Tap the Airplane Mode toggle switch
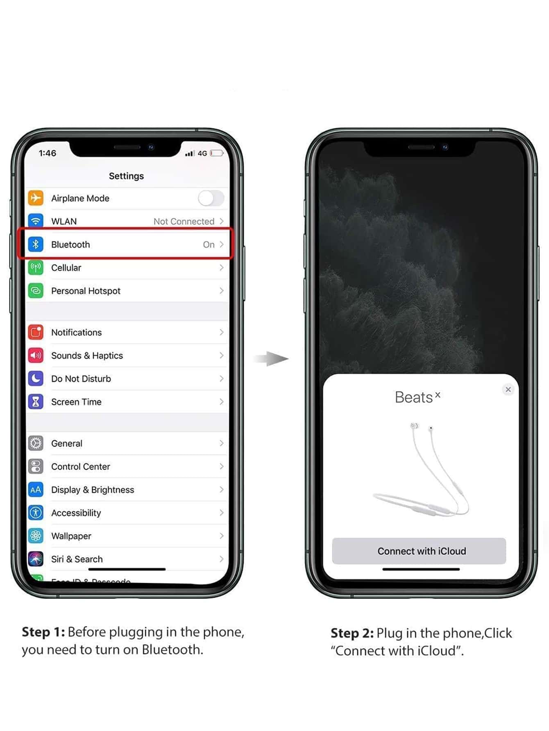211,198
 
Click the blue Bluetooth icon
36,244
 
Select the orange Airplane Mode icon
36,198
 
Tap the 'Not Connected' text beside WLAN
184,222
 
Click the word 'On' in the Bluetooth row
209,244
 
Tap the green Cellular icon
36,268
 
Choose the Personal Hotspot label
86,291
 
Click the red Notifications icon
36,332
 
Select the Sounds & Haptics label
87,355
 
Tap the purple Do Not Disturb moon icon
36,378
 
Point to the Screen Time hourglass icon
36,402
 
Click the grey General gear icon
36,443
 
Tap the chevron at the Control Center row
222,466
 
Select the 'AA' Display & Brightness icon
36,489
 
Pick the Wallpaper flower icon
36,536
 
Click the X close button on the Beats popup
508,389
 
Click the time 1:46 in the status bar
48,153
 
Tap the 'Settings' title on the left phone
126,176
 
